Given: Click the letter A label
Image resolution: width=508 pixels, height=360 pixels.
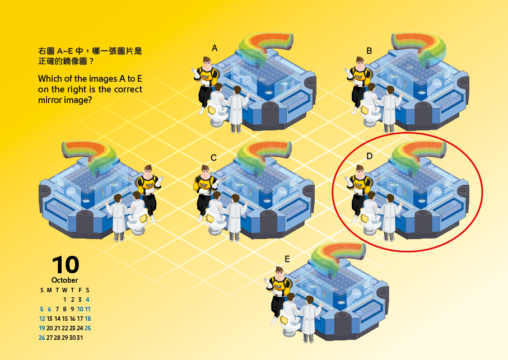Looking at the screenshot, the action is [x=215, y=48].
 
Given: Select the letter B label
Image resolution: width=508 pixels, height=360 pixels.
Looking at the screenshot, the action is [x=369, y=51].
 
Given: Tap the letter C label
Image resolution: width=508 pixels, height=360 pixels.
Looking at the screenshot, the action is [x=213, y=158].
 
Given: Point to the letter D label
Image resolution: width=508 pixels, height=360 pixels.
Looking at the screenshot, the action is [x=369, y=156].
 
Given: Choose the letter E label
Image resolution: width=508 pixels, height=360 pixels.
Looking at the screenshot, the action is [x=287, y=259].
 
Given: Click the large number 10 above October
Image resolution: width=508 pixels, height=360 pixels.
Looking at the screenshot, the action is [x=66, y=265].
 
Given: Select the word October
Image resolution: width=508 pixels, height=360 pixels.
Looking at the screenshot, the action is [x=64, y=280].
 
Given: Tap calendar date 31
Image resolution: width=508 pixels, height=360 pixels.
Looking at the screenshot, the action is [x=80, y=338].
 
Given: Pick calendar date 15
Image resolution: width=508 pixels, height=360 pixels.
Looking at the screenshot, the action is [x=65, y=319].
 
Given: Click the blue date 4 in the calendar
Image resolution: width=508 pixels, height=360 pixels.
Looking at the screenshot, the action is [x=87, y=300].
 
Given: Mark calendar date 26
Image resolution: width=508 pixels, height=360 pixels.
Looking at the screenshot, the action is [x=42, y=338].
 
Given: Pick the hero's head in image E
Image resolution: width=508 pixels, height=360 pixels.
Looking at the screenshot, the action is [x=279, y=272].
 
